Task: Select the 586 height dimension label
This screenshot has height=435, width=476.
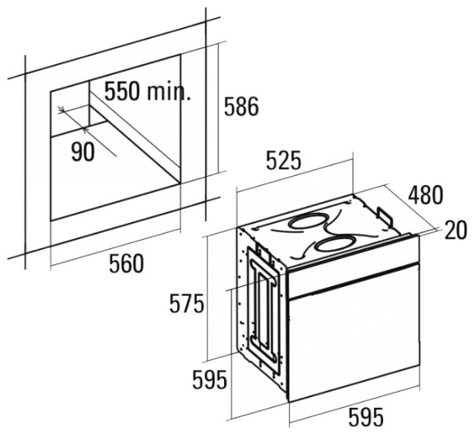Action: point(242,106)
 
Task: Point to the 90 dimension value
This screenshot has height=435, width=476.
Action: point(83,151)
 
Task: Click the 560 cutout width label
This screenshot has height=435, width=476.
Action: point(126,263)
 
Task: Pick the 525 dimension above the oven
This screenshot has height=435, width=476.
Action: point(284,160)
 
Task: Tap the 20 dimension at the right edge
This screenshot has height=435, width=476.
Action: point(455,230)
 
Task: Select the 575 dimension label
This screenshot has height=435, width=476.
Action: point(187,303)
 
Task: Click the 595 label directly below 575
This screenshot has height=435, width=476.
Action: point(209,380)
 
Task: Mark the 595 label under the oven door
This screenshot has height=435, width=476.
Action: point(366,417)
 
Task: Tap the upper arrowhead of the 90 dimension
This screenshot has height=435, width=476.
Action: point(62,110)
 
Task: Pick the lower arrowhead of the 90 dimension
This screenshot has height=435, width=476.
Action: point(85,130)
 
